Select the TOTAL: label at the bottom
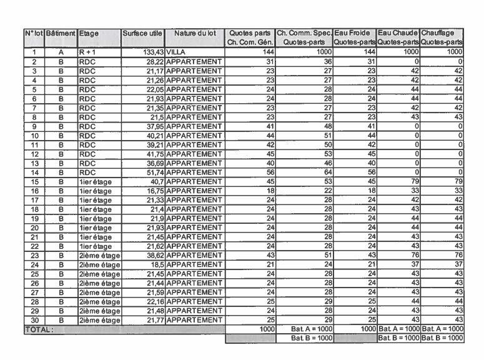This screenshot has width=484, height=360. [39, 328]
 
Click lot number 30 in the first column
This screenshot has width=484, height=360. [35, 319]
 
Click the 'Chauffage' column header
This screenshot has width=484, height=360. [441, 33]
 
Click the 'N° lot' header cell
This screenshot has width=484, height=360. [35, 33]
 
